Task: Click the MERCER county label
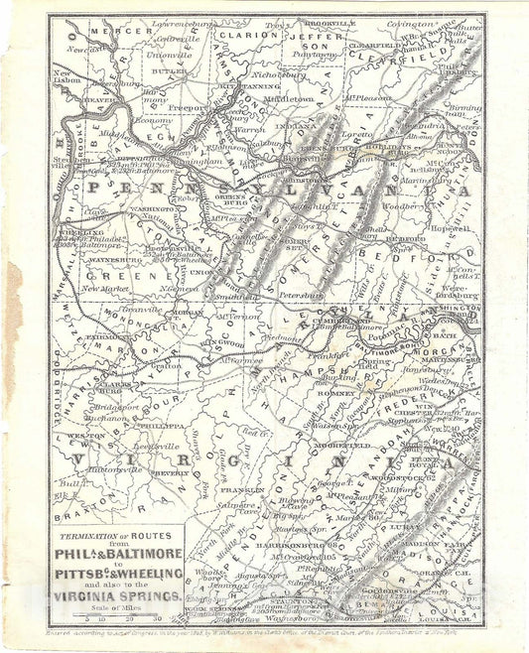click(107, 32)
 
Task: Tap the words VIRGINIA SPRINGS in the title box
click(117, 597)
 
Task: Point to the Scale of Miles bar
click(117, 618)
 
